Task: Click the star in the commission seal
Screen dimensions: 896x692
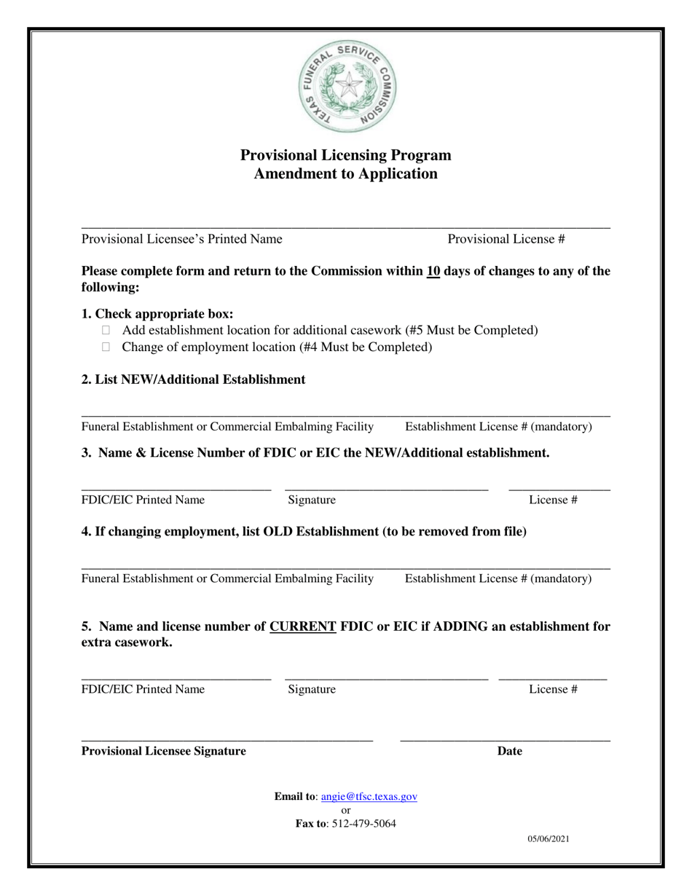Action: pyautogui.click(x=349, y=85)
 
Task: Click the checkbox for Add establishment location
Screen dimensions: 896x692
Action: pyautogui.click(x=106, y=331)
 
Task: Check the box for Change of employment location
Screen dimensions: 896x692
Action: pyautogui.click(x=106, y=347)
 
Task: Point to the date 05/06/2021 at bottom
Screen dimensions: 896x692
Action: pyautogui.click(x=549, y=839)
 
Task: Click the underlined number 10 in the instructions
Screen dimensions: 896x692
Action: pyautogui.click(x=433, y=272)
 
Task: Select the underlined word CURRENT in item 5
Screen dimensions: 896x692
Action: pyautogui.click(x=303, y=626)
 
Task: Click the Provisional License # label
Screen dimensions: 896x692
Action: pyautogui.click(x=506, y=239)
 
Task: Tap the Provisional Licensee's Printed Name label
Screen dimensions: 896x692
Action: pyautogui.click(x=182, y=239)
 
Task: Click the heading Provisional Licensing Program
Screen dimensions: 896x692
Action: pyautogui.click(x=346, y=155)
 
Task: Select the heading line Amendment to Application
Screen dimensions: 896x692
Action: pyautogui.click(x=346, y=174)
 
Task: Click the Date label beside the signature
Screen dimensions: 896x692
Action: pyautogui.click(x=510, y=752)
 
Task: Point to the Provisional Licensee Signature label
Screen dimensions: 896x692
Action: pyautogui.click(x=164, y=752)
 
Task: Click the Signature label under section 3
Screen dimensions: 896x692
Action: pyautogui.click(x=312, y=500)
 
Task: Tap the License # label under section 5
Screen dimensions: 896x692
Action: pyautogui.click(x=554, y=689)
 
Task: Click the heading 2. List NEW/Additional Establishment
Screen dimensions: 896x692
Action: pyautogui.click(x=193, y=380)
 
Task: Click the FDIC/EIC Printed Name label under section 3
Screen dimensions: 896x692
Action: pyautogui.click(x=143, y=500)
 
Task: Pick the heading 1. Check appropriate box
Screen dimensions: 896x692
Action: pyautogui.click(x=157, y=314)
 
